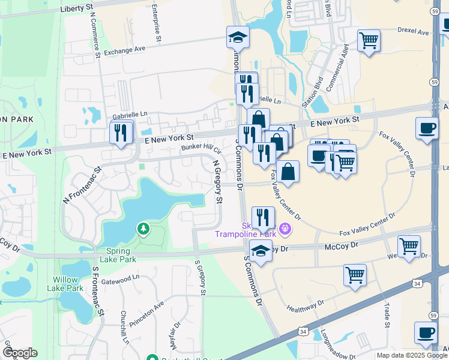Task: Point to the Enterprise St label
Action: pyautogui.click(x=156, y=23)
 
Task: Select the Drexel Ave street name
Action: pyautogui.click(x=414, y=32)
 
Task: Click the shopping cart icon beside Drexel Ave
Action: pyautogui.click(x=369, y=41)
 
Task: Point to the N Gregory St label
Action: pyautogui.click(x=217, y=181)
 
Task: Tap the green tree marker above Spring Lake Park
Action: pyautogui.click(x=143, y=229)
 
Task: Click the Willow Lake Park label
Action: pyautogui.click(x=68, y=284)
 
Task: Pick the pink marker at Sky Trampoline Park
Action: pyautogui.click(x=284, y=229)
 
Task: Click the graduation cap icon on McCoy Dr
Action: pyautogui.click(x=261, y=253)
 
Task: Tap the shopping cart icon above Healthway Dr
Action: pyautogui.click(x=355, y=275)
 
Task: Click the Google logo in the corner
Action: pyautogui.click(x=20, y=353)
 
